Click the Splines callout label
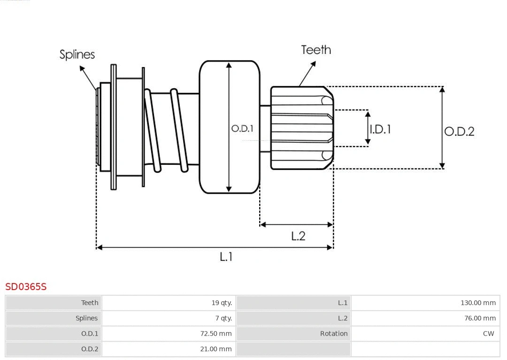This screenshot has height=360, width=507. [77, 54]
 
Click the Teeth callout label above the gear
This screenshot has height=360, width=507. [316, 50]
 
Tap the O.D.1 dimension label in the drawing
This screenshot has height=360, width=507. [242, 128]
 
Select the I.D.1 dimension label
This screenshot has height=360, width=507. [380, 129]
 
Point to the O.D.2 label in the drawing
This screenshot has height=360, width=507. [459, 131]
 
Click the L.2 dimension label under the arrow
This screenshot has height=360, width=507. [298, 236]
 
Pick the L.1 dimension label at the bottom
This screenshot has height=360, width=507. [226, 256]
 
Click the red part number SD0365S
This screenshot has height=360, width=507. [26, 286]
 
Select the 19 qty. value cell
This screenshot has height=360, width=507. [222, 303]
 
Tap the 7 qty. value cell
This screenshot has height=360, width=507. [223, 318]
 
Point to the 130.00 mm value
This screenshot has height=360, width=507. [478, 303]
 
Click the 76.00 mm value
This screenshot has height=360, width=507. [479, 318]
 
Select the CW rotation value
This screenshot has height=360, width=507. [488, 334]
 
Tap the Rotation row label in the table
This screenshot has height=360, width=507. [334, 334]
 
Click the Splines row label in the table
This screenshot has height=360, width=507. [86, 318]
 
